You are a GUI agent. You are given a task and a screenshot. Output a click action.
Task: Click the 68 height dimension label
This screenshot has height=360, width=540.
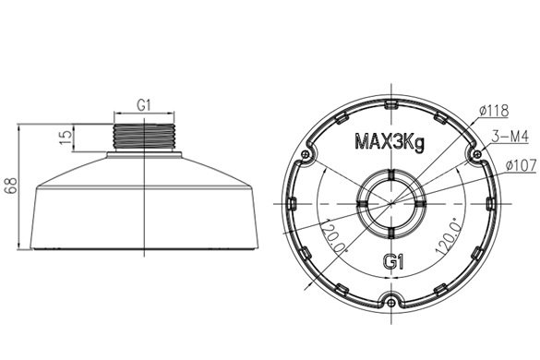point(11,186)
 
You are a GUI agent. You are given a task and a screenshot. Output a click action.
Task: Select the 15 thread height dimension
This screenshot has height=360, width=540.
point(66,137)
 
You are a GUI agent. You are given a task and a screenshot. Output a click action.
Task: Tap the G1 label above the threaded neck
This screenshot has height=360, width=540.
point(144,105)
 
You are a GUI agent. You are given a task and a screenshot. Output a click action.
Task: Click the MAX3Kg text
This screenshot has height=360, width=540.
point(390,141)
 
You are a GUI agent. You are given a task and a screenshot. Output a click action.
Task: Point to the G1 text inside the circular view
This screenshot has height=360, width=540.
point(393,262)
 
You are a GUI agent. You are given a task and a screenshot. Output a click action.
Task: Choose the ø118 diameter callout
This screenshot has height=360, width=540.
point(494,111)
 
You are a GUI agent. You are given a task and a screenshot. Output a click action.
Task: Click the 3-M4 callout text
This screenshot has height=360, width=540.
point(510,137)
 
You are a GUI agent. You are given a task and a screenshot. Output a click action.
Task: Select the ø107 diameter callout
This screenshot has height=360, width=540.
point(521,165)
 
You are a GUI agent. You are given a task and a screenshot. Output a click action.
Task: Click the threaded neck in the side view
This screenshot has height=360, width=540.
point(144,138)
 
